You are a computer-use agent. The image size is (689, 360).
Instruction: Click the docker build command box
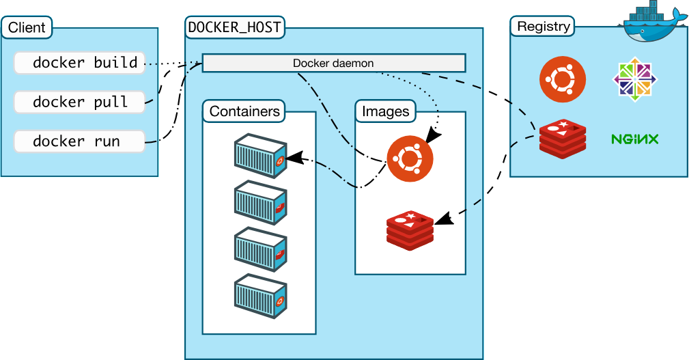79,63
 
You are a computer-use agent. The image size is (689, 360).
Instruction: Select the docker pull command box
79,102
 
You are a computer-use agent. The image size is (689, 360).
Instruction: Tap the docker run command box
79,141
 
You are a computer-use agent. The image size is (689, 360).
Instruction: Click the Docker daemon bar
333,63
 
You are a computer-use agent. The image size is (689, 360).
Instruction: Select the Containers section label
244,111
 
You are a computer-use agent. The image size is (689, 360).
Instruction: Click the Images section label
385,111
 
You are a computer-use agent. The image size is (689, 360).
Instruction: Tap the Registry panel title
543,27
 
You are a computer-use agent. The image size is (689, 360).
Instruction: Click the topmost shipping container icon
260,156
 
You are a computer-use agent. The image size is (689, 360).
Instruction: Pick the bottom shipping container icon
260,297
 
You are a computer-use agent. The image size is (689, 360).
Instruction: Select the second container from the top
260,203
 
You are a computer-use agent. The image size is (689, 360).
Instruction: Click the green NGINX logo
634,139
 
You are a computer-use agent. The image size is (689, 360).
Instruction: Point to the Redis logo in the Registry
563,139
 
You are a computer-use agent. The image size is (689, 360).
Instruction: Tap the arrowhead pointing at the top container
294,158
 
